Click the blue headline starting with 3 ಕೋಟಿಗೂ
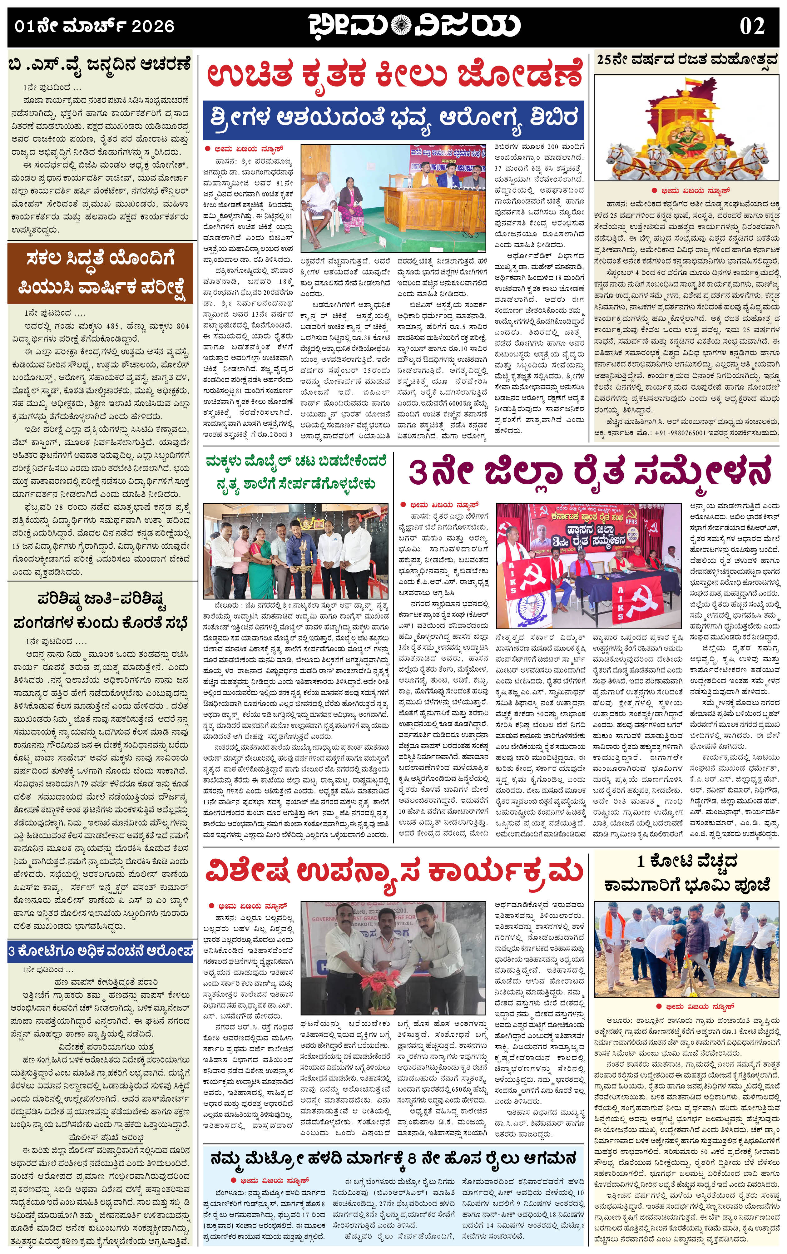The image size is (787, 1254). click(100, 950)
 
